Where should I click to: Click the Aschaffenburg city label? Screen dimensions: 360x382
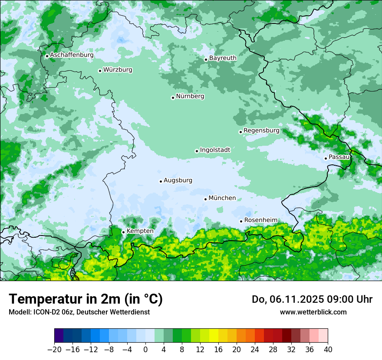coord(72,55)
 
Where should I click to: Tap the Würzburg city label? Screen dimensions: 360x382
coord(118,70)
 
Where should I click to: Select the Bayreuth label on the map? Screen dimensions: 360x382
coord(223,58)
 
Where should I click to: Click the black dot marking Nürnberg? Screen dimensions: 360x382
coord(173,98)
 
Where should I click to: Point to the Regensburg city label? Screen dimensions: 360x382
coord(261,131)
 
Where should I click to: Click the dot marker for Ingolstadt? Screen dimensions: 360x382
coord(197,151)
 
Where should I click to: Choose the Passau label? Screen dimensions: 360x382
coord(339,157)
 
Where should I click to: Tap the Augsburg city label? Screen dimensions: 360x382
coord(178,180)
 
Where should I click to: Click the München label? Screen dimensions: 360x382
coord(222,198)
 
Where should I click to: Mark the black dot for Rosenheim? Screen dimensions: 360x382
coord(241,221)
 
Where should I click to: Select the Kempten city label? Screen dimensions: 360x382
coord(140,231)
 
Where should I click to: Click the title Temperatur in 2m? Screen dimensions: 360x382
coord(86,299)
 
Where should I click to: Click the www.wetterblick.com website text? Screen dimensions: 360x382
coord(313,312)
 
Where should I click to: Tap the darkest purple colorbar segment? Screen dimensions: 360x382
coord(59,336)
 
